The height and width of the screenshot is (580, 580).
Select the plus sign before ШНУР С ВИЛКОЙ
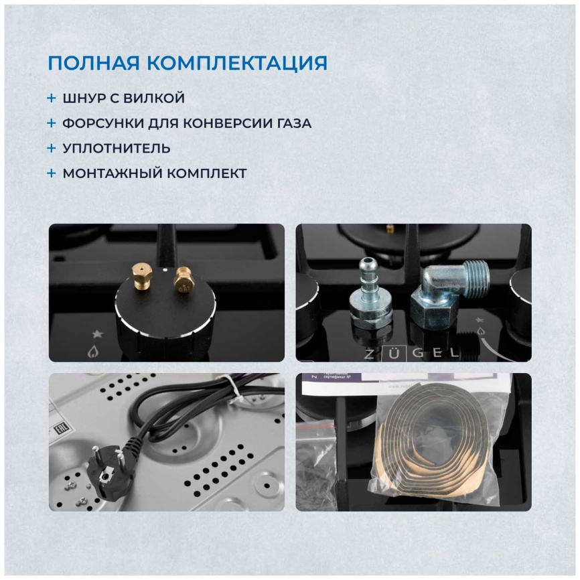pyautogui.click(x=52, y=98)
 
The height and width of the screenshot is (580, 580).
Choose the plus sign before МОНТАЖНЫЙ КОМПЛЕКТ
pyautogui.click(x=52, y=173)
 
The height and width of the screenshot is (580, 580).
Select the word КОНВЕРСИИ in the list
pyautogui.click(x=216, y=123)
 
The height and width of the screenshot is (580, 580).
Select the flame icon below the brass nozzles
pyautogui.click(x=93, y=350)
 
